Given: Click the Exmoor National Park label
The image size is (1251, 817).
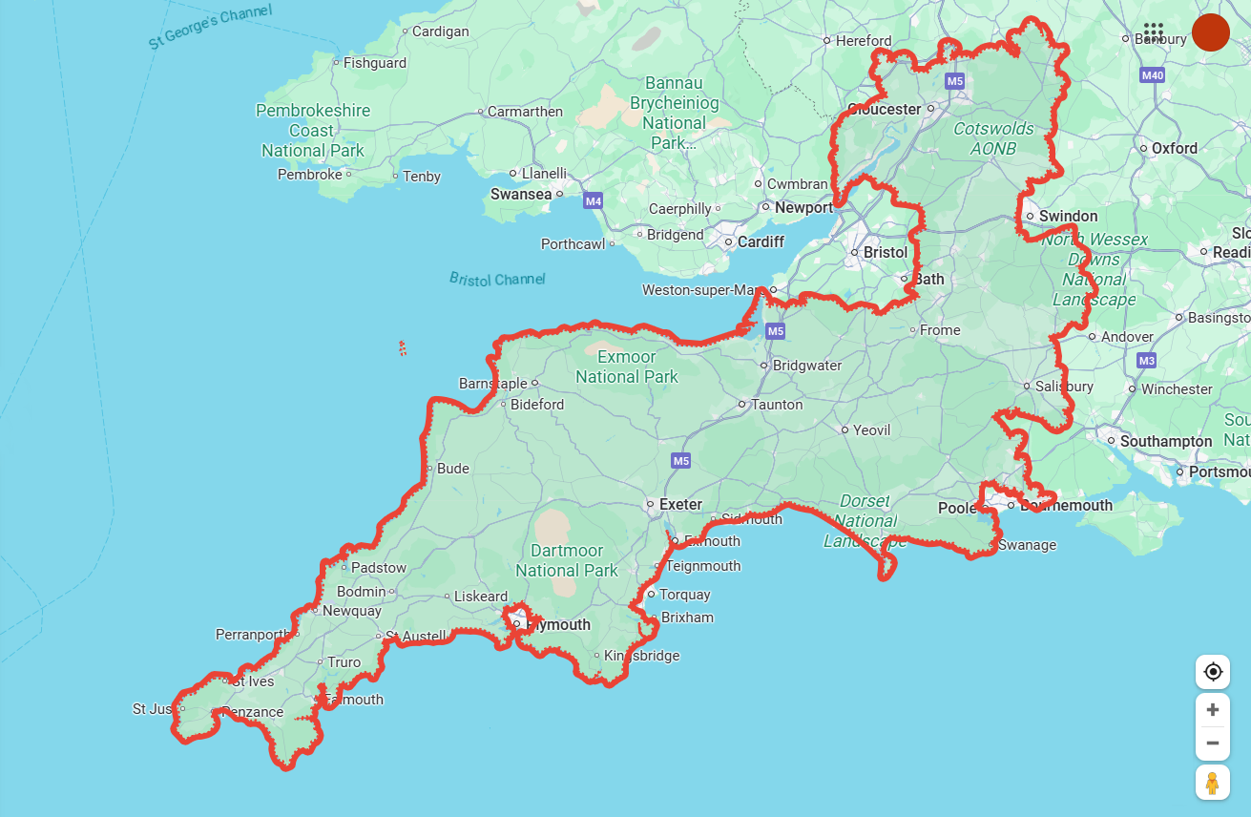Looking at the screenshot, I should click(x=626, y=367).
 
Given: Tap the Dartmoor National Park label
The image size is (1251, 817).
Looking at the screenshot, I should click(x=567, y=560).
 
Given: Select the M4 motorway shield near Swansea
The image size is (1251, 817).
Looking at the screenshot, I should click(x=594, y=201).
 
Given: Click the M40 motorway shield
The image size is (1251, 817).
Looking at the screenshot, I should click(x=1153, y=75).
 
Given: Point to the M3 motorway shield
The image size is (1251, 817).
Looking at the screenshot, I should click(x=1146, y=360).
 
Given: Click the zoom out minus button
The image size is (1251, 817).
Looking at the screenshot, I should click(x=1213, y=743).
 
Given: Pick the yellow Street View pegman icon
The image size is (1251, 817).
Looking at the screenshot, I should click(x=1213, y=783).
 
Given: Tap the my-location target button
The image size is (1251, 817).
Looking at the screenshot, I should click(x=1213, y=672).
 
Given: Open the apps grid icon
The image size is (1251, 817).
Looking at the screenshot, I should click(x=1153, y=31).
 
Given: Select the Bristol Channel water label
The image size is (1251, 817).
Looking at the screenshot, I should click(x=497, y=279).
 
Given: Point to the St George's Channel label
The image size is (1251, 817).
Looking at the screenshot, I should click(x=210, y=27).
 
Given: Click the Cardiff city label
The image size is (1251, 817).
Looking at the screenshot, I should click(x=761, y=241).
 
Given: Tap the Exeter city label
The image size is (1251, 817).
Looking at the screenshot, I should click(x=680, y=504).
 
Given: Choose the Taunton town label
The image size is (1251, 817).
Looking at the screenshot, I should click(x=777, y=405).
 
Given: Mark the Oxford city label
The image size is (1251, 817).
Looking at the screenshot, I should click(x=1174, y=148).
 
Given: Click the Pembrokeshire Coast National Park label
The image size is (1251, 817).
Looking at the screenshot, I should click(x=313, y=131).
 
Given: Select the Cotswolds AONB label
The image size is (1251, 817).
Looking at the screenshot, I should click(x=993, y=138).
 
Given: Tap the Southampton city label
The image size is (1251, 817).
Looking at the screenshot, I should click(x=1165, y=441).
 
